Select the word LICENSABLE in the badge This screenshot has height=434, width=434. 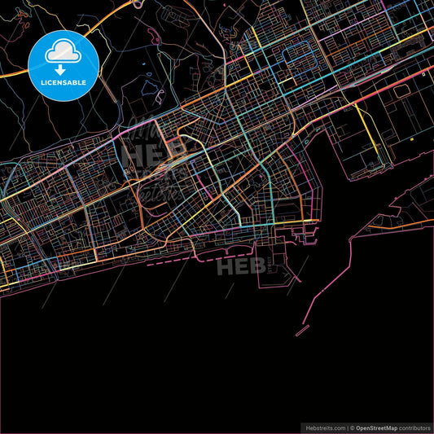[64, 84]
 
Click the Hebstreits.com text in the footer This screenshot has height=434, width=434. [325, 426]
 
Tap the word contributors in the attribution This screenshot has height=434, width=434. [414, 426]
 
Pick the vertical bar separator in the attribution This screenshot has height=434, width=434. [347, 426]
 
